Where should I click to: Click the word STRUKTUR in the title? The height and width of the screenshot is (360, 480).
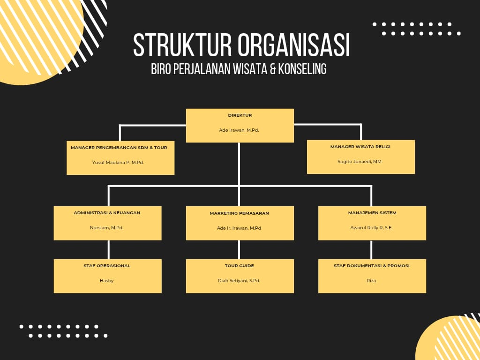tap(183, 45)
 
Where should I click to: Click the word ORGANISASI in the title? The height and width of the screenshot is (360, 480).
tap(293, 45)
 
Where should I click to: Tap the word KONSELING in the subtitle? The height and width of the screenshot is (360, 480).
tap(302, 69)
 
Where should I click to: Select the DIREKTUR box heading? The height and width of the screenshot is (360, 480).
tap(240, 115)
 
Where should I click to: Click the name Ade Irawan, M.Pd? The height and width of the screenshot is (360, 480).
tap(239, 130)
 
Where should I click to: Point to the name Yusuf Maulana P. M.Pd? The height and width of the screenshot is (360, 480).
tap(118, 162)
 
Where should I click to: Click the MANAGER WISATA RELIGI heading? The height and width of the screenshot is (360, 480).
tap(360, 147)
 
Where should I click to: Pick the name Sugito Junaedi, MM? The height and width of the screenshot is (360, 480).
tap(360, 161)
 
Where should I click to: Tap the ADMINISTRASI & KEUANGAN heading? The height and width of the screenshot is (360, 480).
tap(107, 213)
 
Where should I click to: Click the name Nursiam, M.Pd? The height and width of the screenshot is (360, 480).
tap(107, 228)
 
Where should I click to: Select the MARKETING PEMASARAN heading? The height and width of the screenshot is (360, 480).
tap(240, 213)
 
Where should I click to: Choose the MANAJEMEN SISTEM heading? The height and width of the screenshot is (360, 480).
tap(372, 213)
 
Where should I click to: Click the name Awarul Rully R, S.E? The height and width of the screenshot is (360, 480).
tap(372, 228)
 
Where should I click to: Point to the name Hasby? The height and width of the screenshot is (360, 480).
tap(107, 281)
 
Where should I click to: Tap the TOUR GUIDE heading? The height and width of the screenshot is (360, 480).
tap(240, 266)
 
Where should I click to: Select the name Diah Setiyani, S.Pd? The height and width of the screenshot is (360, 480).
tap(239, 281)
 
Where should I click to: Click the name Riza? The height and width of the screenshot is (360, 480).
tap(372, 281)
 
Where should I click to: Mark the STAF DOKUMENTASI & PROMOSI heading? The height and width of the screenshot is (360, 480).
tap(372, 266)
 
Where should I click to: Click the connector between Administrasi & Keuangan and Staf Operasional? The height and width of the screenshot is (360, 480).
tap(109, 249)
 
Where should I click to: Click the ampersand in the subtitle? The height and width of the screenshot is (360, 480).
tap(270, 69)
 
